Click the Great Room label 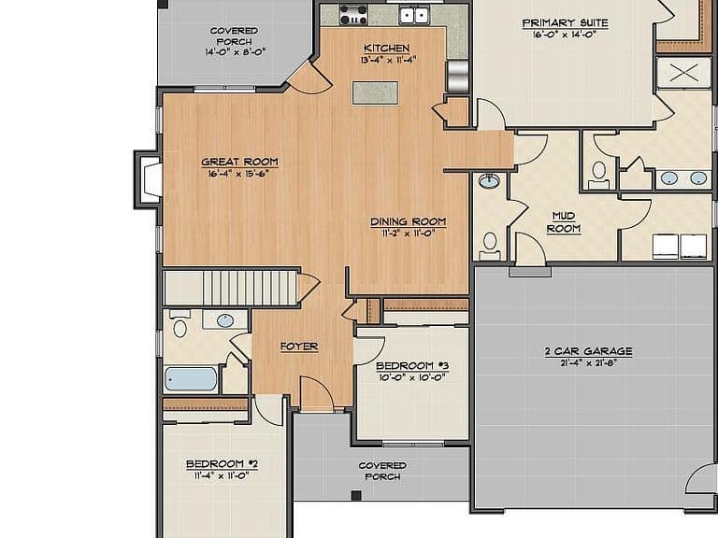239,162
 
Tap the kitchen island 375,93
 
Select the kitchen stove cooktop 353,14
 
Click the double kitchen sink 414,15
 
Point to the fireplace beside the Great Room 149,179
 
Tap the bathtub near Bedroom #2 191,379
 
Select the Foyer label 299,347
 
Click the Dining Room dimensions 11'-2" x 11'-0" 408,234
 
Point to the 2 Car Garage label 588,351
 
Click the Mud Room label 564,222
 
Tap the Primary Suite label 566,22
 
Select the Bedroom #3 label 412,366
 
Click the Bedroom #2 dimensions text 222,475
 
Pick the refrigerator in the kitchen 457,76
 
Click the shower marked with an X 683,72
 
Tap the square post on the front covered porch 356,495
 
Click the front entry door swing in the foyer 317,392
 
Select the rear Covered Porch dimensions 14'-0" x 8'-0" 236,52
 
